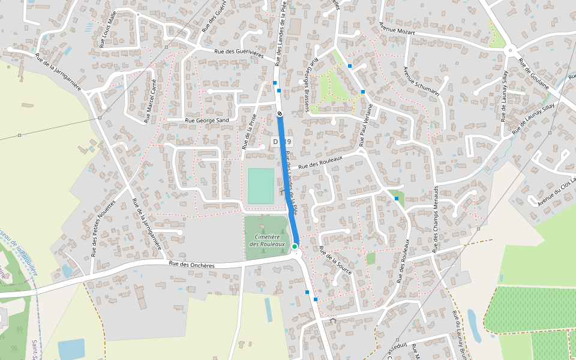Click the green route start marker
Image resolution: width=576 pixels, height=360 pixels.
[295, 247]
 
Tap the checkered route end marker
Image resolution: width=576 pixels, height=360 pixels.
[280, 113]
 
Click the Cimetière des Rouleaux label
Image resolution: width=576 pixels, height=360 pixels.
[267, 241]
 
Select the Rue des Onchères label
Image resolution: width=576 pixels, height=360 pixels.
[191, 265]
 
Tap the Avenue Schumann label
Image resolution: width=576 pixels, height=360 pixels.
[421, 81]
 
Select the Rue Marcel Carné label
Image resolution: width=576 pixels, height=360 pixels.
[150, 101]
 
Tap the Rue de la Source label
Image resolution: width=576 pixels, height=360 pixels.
[335, 260]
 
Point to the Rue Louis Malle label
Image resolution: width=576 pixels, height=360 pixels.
[107, 28]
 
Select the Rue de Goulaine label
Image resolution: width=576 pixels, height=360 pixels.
[533, 74]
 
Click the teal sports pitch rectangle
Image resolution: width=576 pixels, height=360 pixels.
[261, 186]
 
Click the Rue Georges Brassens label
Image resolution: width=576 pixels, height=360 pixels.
[309, 85]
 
